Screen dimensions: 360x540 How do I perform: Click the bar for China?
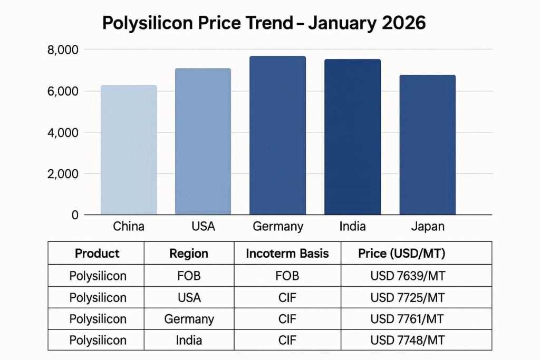click(x=129, y=150)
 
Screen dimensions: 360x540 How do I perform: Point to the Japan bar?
click(x=427, y=145)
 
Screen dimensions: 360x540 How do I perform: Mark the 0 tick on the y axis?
click(x=74, y=215)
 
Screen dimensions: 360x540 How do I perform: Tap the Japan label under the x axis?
click(x=427, y=227)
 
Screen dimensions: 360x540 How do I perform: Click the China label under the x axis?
click(x=129, y=227)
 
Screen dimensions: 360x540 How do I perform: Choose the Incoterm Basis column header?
click(x=287, y=254)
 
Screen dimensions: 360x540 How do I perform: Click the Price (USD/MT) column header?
click(x=402, y=254)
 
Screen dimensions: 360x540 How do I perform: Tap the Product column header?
click(x=97, y=254)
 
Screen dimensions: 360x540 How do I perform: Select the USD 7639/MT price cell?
click(x=408, y=276)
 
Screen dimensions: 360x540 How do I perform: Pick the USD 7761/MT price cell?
click(x=408, y=319)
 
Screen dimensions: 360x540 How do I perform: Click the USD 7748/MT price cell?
click(x=408, y=340)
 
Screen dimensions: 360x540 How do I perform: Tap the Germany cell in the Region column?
click(x=189, y=319)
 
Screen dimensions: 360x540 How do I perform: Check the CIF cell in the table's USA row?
click(x=287, y=297)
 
